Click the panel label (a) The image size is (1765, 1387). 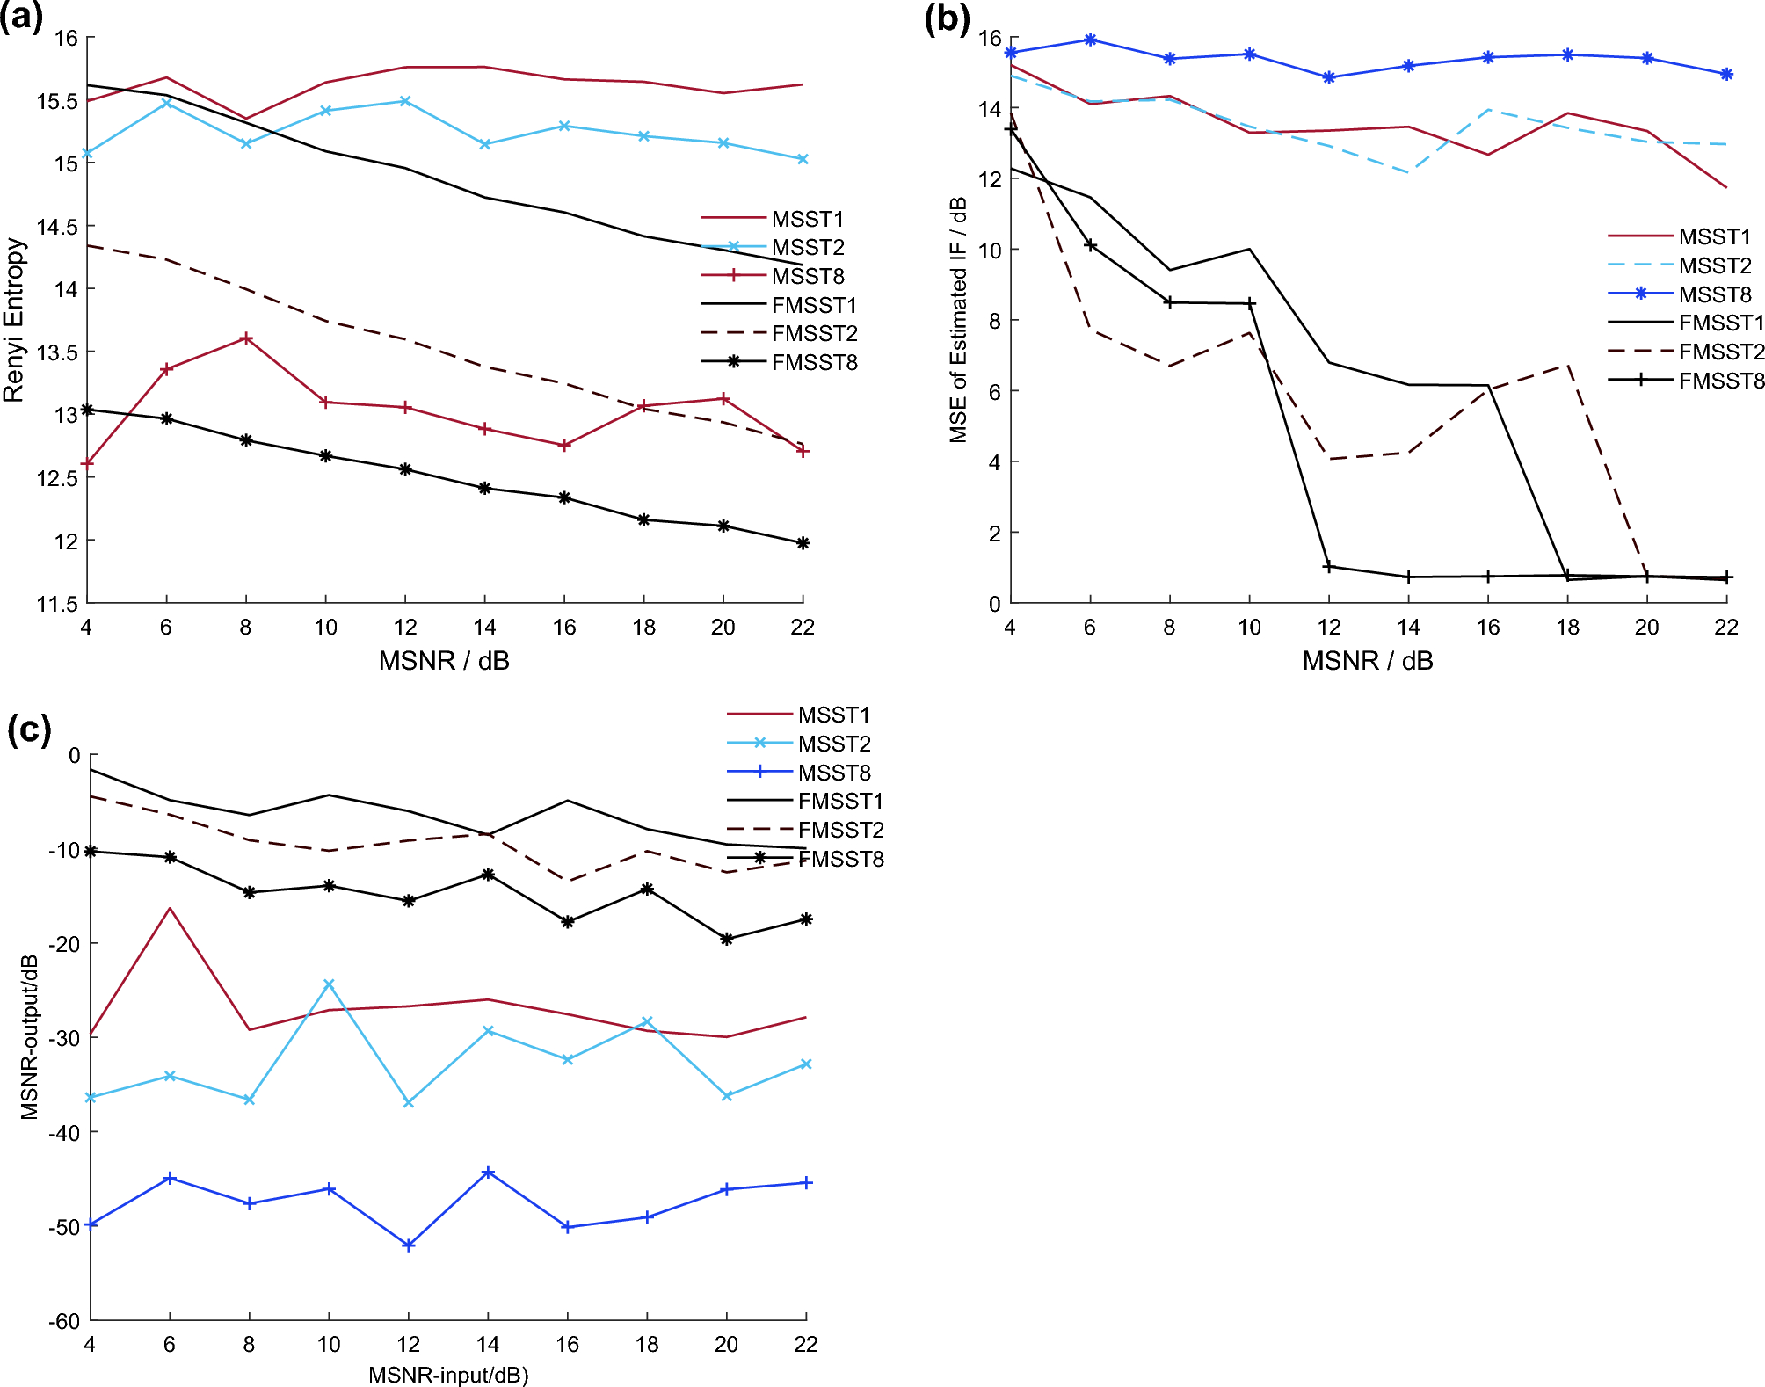pyautogui.click(x=21, y=18)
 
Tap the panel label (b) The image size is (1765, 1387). pyautogui.click(x=947, y=18)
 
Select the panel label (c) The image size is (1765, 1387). pyautogui.click(x=29, y=730)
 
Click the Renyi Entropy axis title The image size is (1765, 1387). pyautogui.click(x=13, y=320)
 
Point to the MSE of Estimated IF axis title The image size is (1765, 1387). pyautogui.click(x=958, y=320)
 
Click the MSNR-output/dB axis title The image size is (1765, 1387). pyautogui.click(x=30, y=1036)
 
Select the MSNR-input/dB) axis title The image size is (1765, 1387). pyautogui.click(x=448, y=1375)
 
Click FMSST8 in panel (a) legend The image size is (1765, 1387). pyautogui.click(x=814, y=362)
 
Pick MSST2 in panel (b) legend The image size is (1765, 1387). pyautogui.click(x=1714, y=265)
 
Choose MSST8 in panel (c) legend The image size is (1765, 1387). pyautogui.click(x=834, y=773)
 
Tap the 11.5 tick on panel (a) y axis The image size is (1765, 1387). pyautogui.click(x=57, y=604)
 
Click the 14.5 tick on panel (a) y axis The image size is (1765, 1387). pyautogui.click(x=57, y=227)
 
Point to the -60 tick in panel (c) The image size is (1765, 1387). pyautogui.click(x=64, y=1321)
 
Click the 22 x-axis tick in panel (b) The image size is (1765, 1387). pyautogui.click(x=1726, y=627)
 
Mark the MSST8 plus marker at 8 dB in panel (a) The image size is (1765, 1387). pyautogui.click(x=246, y=338)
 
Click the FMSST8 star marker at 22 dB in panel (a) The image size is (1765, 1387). pyautogui.click(x=803, y=543)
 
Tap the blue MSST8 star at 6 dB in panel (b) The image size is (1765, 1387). pyautogui.click(x=1090, y=40)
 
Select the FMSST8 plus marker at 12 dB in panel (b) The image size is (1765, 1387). pyautogui.click(x=1328, y=567)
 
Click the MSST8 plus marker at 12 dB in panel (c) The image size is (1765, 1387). pyautogui.click(x=409, y=1245)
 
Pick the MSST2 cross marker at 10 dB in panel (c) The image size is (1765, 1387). pyautogui.click(x=329, y=984)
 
